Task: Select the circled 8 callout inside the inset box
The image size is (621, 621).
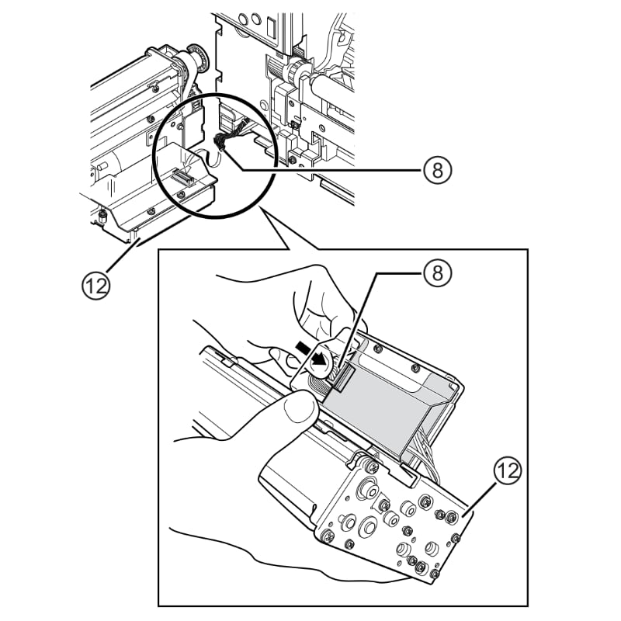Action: (x=438, y=272)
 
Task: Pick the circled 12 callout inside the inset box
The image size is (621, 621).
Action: (x=505, y=470)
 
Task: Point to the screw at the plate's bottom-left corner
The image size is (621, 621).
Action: (x=328, y=534)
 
